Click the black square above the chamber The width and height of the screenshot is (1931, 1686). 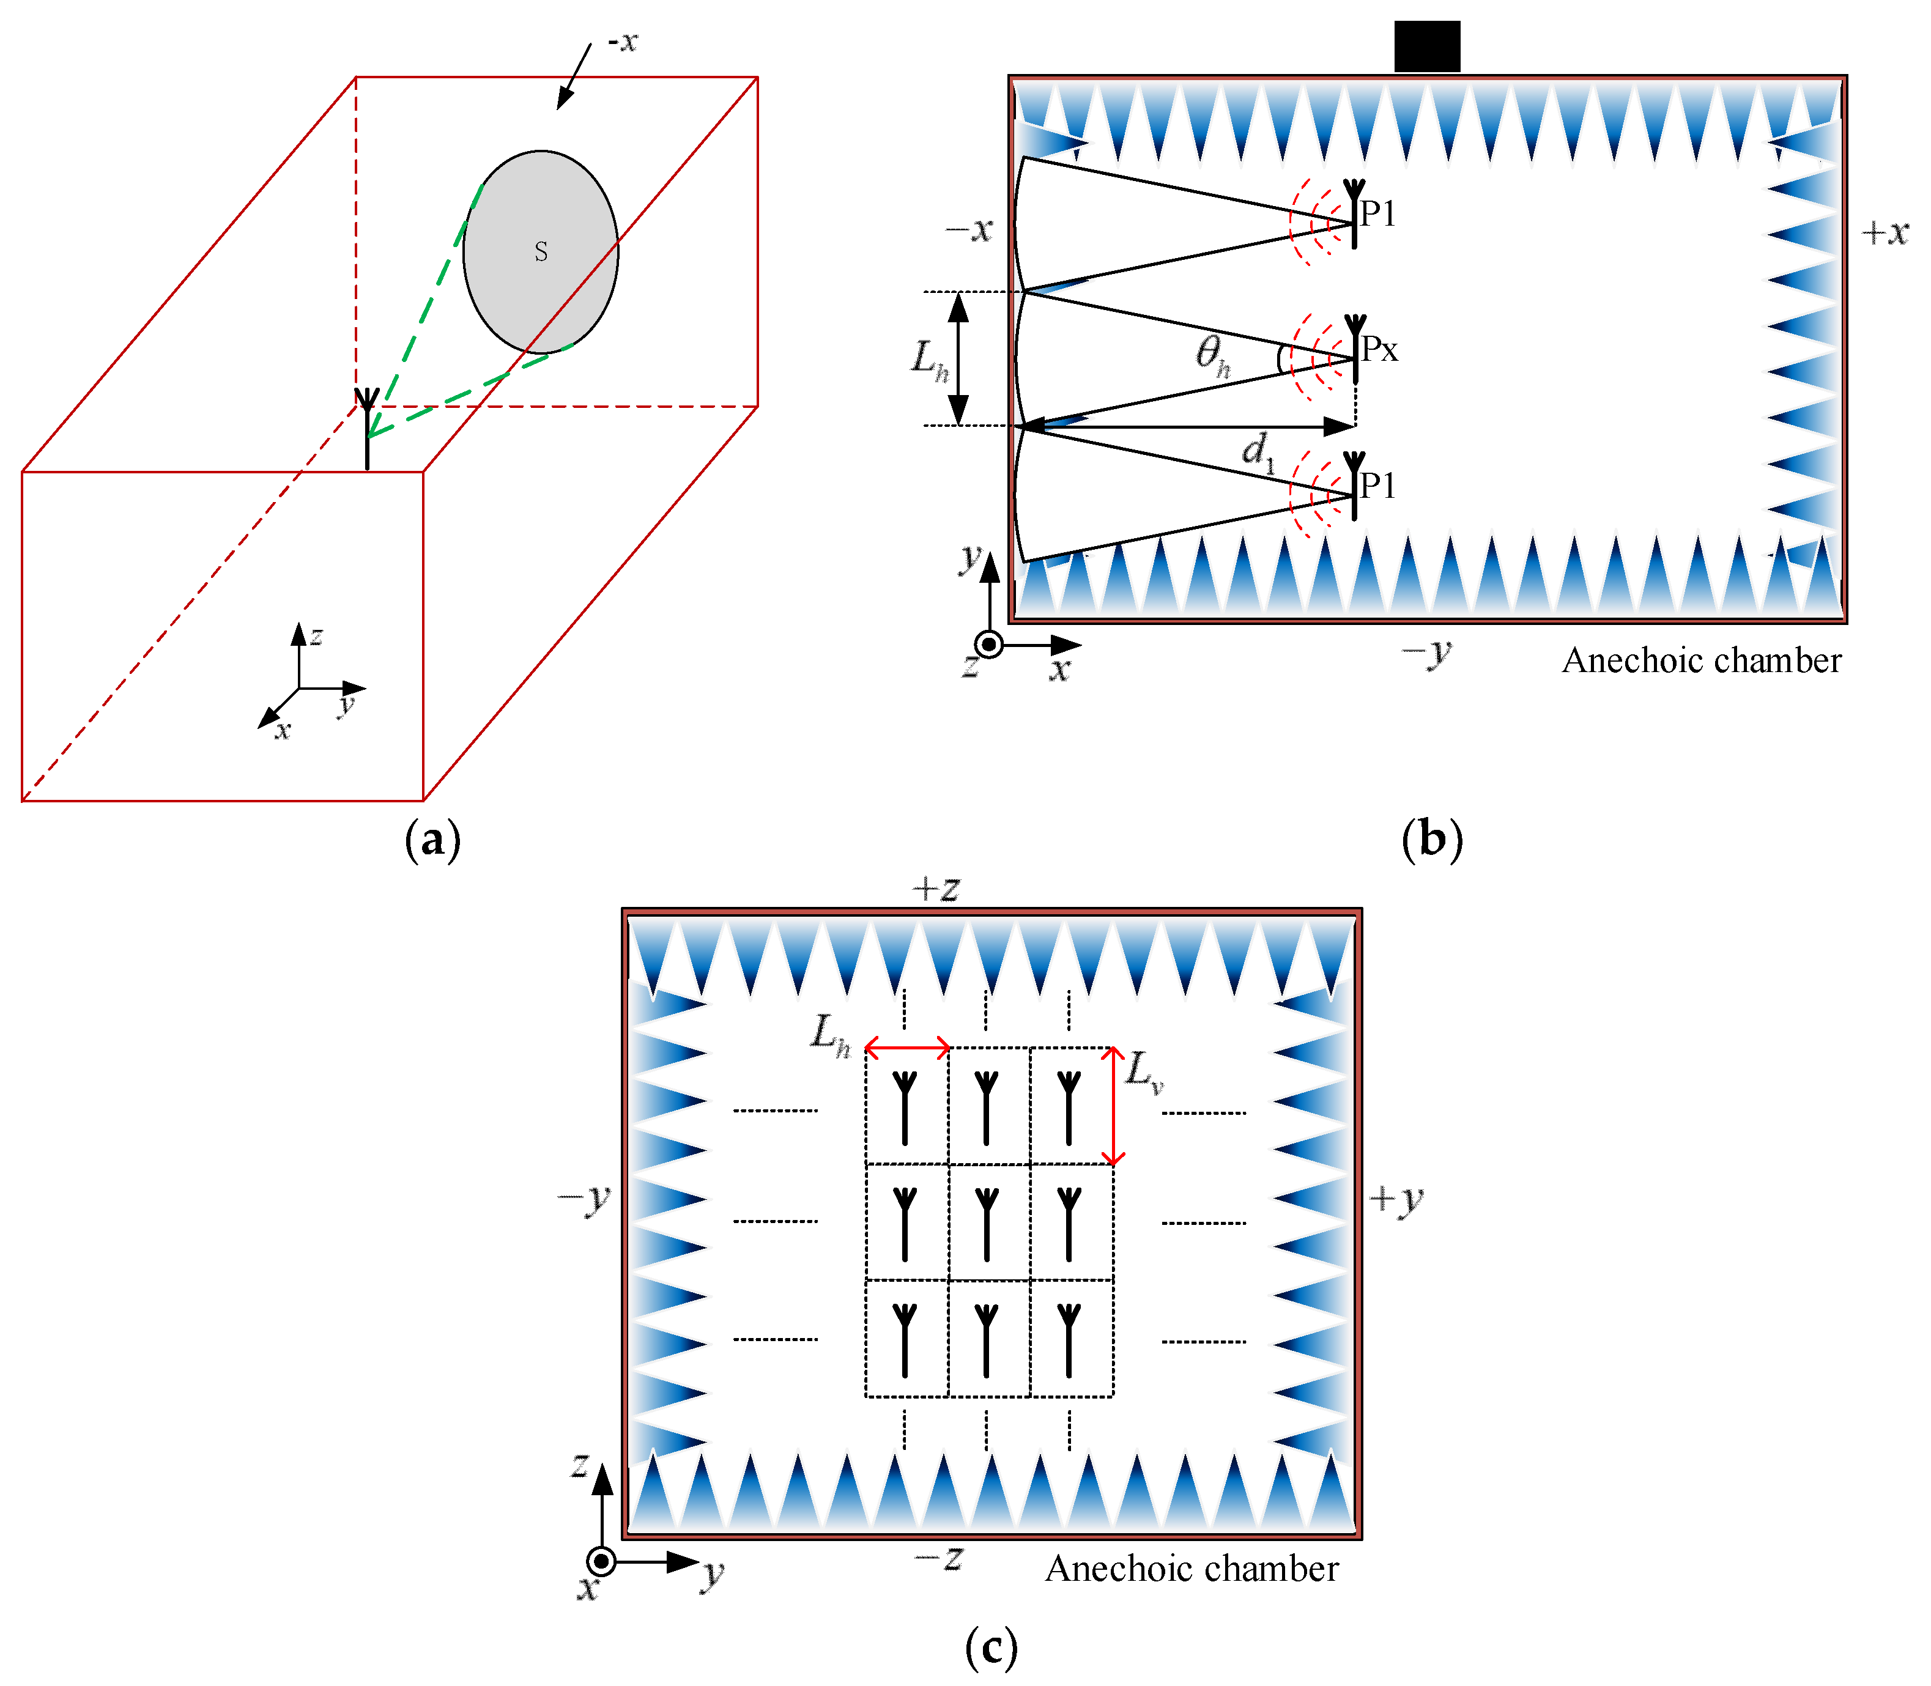tap(1426, 46)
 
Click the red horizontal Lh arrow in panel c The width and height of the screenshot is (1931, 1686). tap(907, 1046)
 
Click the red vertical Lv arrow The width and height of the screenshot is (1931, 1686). tap(1113, 1106)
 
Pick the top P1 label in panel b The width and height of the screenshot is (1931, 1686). tap(1377, 215)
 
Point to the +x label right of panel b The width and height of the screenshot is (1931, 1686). tap(1885, 232)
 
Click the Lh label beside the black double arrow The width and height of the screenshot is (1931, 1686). tap(930, 360)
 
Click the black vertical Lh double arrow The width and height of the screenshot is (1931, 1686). tap(958, 358)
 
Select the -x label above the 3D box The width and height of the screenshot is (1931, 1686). tap(622, 42)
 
